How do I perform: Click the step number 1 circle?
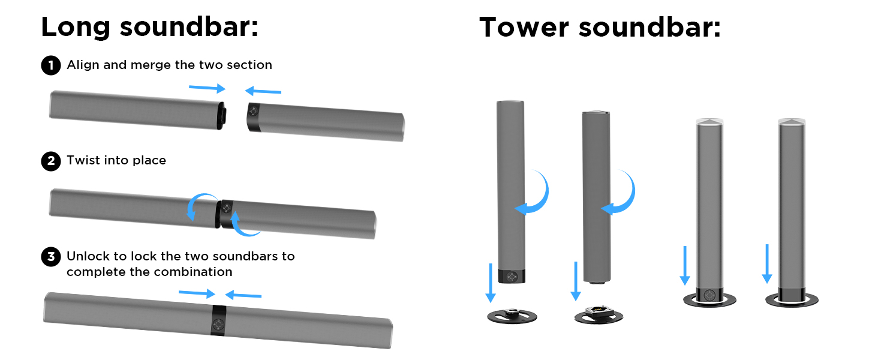point(51,65)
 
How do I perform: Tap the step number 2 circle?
point(51,161)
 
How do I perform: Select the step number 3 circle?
point(51,257)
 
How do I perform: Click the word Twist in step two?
point(83,161)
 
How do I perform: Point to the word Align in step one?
point(83,65)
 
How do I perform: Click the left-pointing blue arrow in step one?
point(263,91)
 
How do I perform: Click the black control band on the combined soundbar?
point(218,320)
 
